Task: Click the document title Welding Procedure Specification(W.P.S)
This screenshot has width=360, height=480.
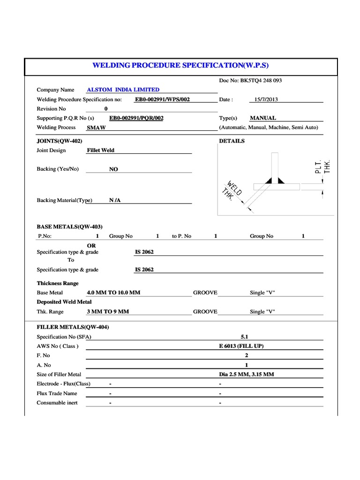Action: pyautogui.click(x=180, y=65)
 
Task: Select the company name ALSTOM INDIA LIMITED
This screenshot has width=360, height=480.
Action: pyautogui.click(x=123, y=90)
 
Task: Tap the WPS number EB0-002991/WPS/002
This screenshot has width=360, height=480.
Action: pyautogui.click(x=162, y=99)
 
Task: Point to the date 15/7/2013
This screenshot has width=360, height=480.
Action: pyautogui.click(x=266, y=99)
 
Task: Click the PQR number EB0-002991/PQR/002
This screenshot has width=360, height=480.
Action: pyautogui.click(x=136, y=118)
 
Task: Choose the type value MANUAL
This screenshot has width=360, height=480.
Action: pyautogui.click(x=263, y=118)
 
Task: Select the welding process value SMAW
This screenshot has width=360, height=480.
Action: pyautogui.click(x=97, y=127)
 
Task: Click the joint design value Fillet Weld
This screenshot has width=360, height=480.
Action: pyautogui.click(x=101, y=150)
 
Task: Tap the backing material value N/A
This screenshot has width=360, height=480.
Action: pyautogui.click(x=115, y=200)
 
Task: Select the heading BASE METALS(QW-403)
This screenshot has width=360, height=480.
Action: pyautogui.click(x=69, y=226)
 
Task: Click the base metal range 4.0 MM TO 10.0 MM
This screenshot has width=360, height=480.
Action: pyautogui.click(x=113, y=292)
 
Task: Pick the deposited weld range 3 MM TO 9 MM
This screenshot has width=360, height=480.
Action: pyautogui.click(x=108, y=311)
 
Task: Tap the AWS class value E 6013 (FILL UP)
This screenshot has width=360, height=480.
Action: pyautogui.click(x=247, y=346)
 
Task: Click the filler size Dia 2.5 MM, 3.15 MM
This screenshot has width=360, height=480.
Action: pyautogui.click(x=247, y=374)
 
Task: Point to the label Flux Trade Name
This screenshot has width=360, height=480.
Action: pyautogui.click(x=57, y=393)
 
